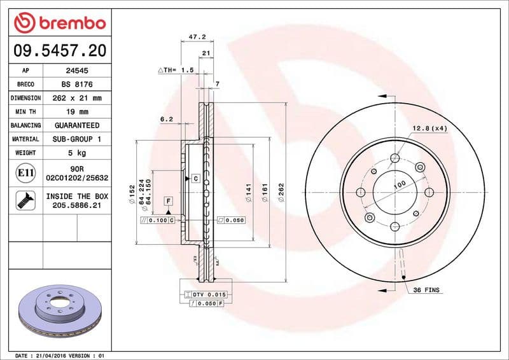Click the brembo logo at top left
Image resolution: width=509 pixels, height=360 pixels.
coord(59,23)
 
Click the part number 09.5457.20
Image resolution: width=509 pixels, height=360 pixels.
coord(59,50)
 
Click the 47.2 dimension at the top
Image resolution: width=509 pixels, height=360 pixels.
coord(197,38)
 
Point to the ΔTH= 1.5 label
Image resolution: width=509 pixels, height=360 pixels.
coord(175,70)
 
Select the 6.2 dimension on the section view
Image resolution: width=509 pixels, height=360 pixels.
coord(167,119)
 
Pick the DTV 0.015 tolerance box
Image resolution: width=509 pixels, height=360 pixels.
coord(209,294)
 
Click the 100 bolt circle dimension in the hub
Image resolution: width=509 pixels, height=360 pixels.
coord(399,185)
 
